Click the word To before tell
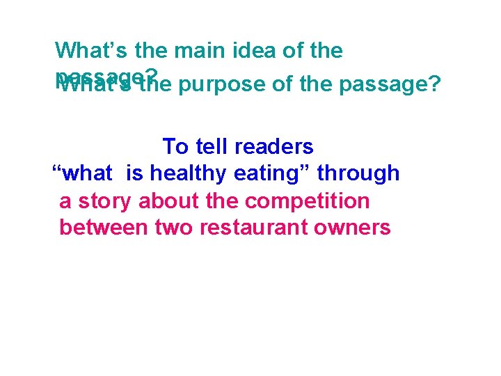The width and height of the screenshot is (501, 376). click(x=175, y=147)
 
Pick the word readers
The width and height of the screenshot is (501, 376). click(x=276, y=147)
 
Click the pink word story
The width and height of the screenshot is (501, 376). click(x=106, y=201)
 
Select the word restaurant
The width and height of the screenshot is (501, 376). click(x=247, y=227)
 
